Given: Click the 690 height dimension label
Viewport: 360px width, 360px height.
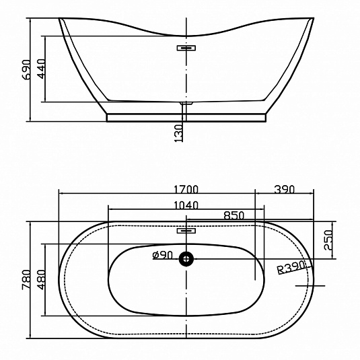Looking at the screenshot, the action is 27,69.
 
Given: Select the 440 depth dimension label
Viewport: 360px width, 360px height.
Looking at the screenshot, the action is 42,69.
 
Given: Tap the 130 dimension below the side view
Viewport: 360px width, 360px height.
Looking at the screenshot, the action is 178,133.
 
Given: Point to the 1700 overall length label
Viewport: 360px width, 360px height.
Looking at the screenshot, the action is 186,189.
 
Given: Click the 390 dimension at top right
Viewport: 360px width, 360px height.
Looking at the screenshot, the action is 284,189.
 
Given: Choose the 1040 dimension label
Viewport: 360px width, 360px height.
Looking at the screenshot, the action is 186,205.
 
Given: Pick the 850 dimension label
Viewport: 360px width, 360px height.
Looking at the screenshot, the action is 234,215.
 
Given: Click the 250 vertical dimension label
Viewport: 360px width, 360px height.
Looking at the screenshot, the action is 328,240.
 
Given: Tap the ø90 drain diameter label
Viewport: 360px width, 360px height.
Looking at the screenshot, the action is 163,255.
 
